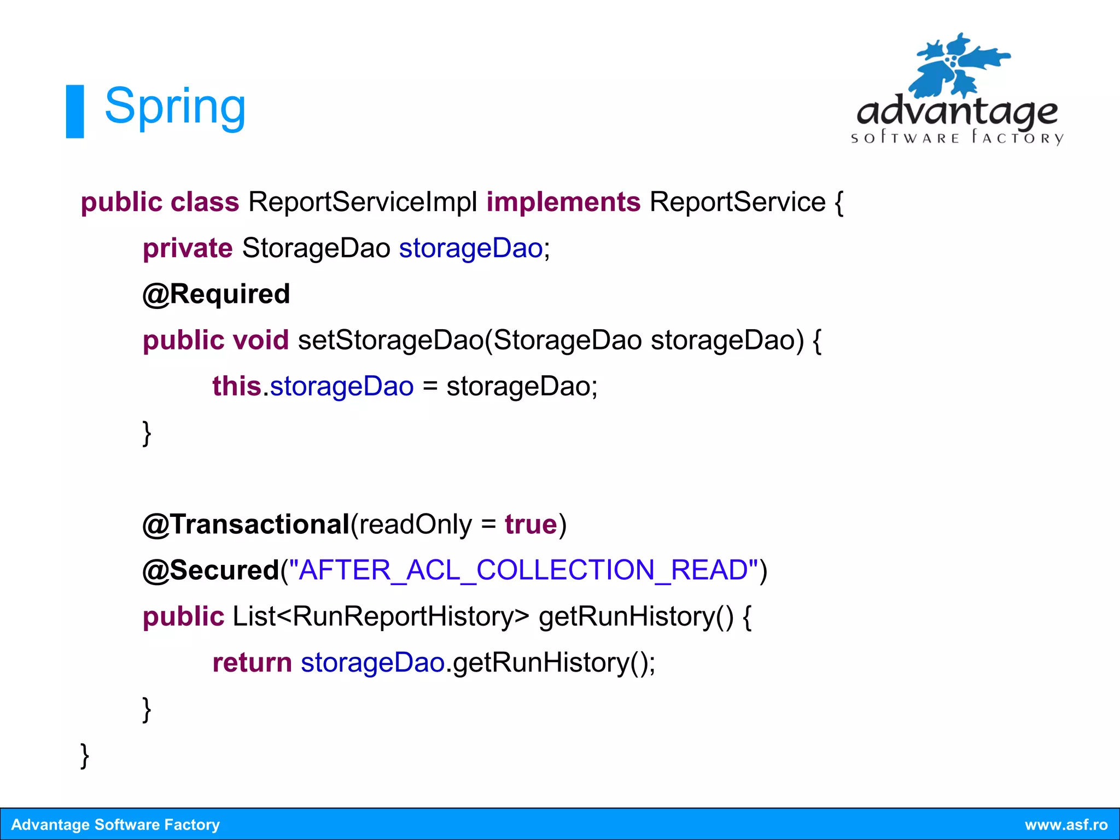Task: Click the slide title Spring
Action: [x=175, y=107]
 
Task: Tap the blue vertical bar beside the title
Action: [x=75, y=111]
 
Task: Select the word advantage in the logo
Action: [x=957, y=112]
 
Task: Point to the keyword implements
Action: [x=563, y=202]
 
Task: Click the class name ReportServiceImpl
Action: [x=363, y=202]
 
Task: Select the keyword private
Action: [x=188, y=248]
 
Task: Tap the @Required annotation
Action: [x=216, y=294]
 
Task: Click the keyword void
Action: [x=261, y=340]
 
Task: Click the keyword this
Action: [x=237, y=386]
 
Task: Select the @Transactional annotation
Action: [x=246, y=524]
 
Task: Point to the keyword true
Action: [x=530, y=524]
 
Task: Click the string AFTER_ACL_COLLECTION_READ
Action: [x=523, y=570]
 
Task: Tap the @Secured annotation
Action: [x=211, y=570]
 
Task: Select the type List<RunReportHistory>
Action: [x=381, y=616]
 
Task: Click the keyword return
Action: [x=252, y=663]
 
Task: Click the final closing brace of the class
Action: [x=85, y=756]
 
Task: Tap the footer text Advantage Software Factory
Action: [x=115, y=825]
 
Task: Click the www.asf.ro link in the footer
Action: [x=1066, y=825]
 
